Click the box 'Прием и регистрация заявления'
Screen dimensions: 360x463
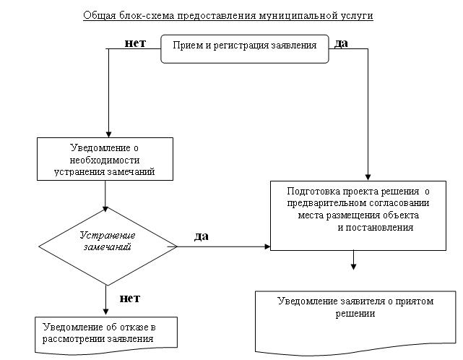[x=245, y=47]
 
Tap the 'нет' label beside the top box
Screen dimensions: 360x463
[x=135, y=43]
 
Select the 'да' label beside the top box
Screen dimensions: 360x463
[x=341, y=43]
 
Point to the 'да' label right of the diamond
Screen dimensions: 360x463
[x=203, y=236]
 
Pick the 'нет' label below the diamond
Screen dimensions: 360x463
[x=129, y=298]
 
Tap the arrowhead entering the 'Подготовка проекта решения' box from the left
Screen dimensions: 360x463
[x=267, y=247]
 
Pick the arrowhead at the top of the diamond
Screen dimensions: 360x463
[x=107, y=209]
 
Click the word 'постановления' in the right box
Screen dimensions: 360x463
[x=376, y=227]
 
